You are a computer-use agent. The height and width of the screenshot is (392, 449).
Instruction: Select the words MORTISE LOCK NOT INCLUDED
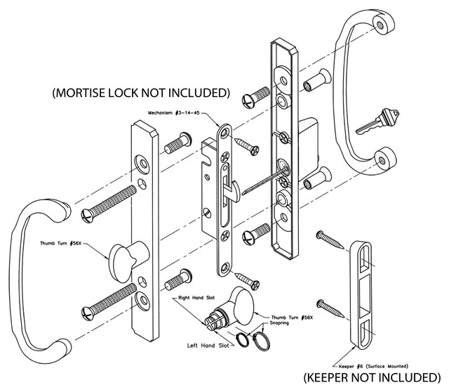140,92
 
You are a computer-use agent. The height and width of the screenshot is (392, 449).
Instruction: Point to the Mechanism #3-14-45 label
178,112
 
